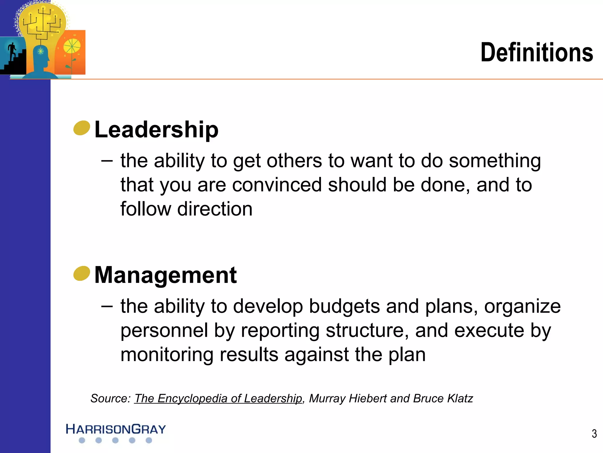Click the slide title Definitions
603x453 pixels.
point(536,52)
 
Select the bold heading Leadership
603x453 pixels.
point(156,129)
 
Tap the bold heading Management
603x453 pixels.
point(165,275)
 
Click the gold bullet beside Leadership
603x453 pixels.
point(82,128)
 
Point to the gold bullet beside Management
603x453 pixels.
point(82,273)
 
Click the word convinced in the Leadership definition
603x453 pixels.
point(277,185)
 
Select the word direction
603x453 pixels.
point(215,209)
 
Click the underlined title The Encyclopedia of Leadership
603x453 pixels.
point(218,398)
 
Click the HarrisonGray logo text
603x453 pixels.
point(116,429)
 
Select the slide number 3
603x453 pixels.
point(594,434)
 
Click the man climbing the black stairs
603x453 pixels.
point(12,52)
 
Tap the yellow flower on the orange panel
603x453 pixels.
point(72,47)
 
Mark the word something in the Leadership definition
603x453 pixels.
point(495,161)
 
